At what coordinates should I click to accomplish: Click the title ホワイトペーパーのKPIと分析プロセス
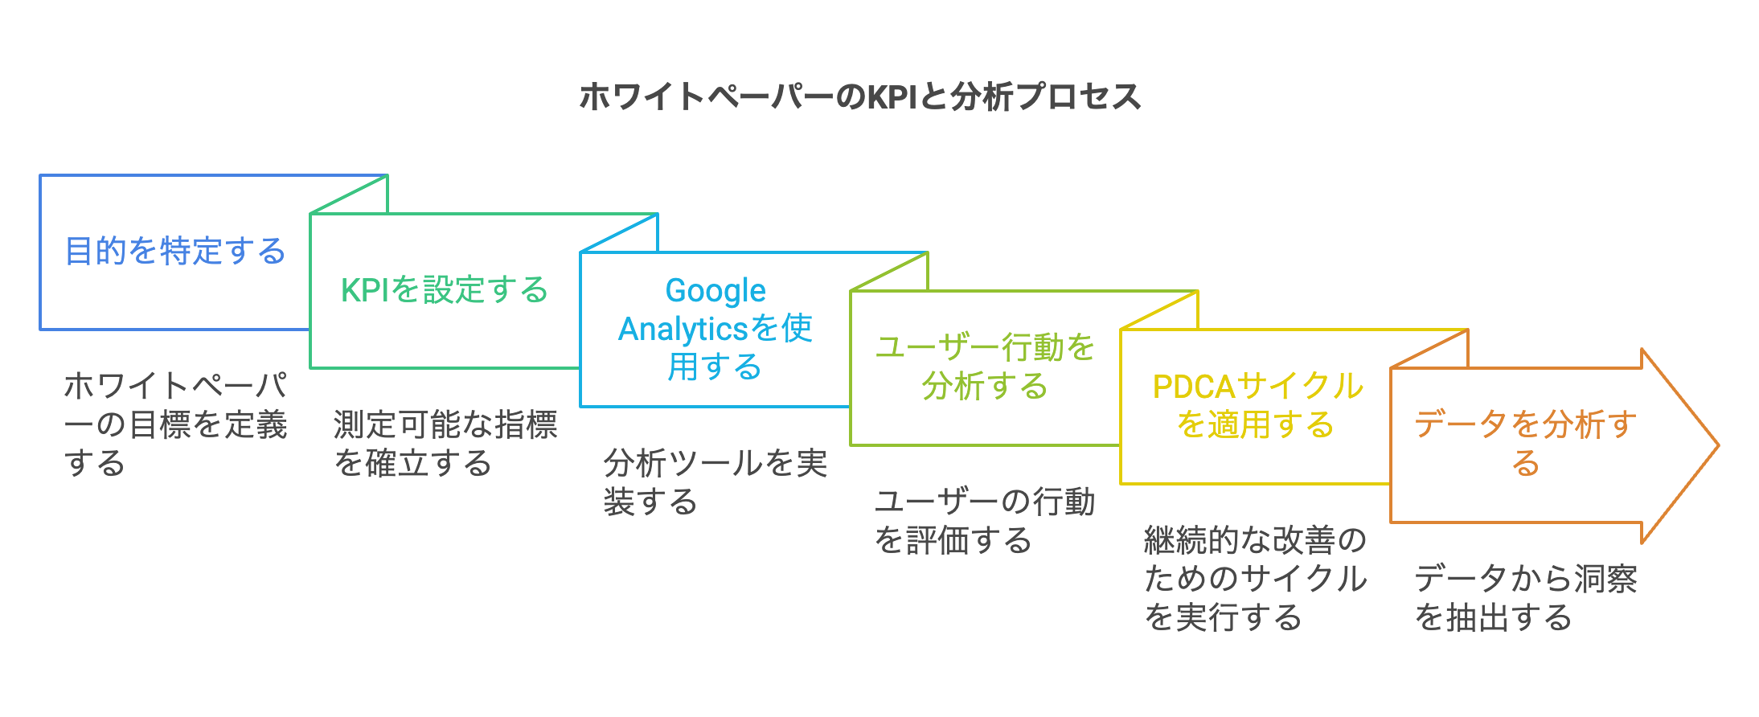tap(859, 96)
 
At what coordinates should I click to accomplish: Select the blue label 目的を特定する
tap(175, 251)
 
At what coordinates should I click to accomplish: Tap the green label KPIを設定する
tap(444, 289)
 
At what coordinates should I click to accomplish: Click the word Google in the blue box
tap(715, 290)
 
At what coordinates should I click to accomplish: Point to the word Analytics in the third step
tap(683, 329)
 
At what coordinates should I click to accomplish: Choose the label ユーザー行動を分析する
tap(985, 367)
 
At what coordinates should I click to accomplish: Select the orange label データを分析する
tap(1525, 443)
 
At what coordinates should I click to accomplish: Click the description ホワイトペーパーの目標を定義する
tap(175, 424)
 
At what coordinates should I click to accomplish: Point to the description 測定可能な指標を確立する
tap(445, 444)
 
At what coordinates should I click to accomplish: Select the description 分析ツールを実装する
tap(715, 482)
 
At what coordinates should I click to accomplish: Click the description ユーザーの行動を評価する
tap(985, 521)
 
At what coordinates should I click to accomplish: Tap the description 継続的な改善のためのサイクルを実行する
tap(1255, 578)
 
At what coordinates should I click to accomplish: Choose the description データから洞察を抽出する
tap(1525, 597)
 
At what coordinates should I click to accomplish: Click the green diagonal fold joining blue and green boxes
tap(350, 195)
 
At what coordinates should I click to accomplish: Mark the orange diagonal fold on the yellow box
tap(1429, 349)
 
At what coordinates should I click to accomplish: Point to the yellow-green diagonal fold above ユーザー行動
tap(889, 272)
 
